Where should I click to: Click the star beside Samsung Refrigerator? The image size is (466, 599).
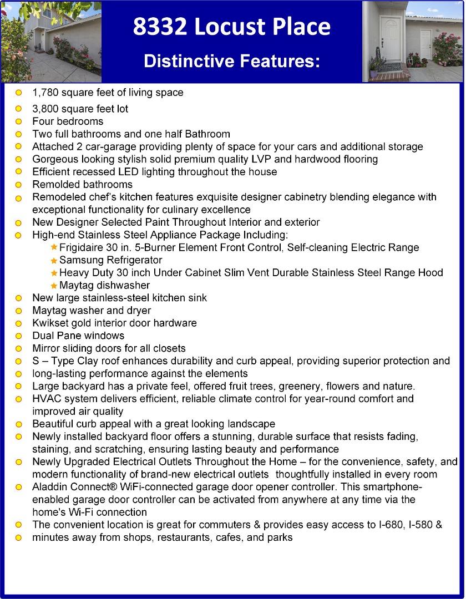(x=54, y=261)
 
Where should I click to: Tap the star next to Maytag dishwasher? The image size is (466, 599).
(x=54, y=286)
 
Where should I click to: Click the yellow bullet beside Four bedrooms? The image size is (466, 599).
(x=18, y=121)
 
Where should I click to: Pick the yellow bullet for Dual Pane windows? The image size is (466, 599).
(x=18, y=336)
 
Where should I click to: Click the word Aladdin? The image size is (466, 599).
(x=50, y=487)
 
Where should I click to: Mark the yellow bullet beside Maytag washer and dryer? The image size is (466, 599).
(x=18, y=311)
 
